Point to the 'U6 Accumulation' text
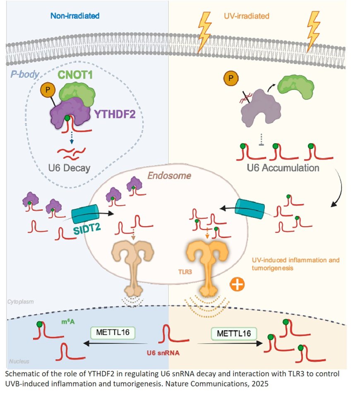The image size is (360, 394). pos(283,168)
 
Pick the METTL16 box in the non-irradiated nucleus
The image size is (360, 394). pos(108,332)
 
